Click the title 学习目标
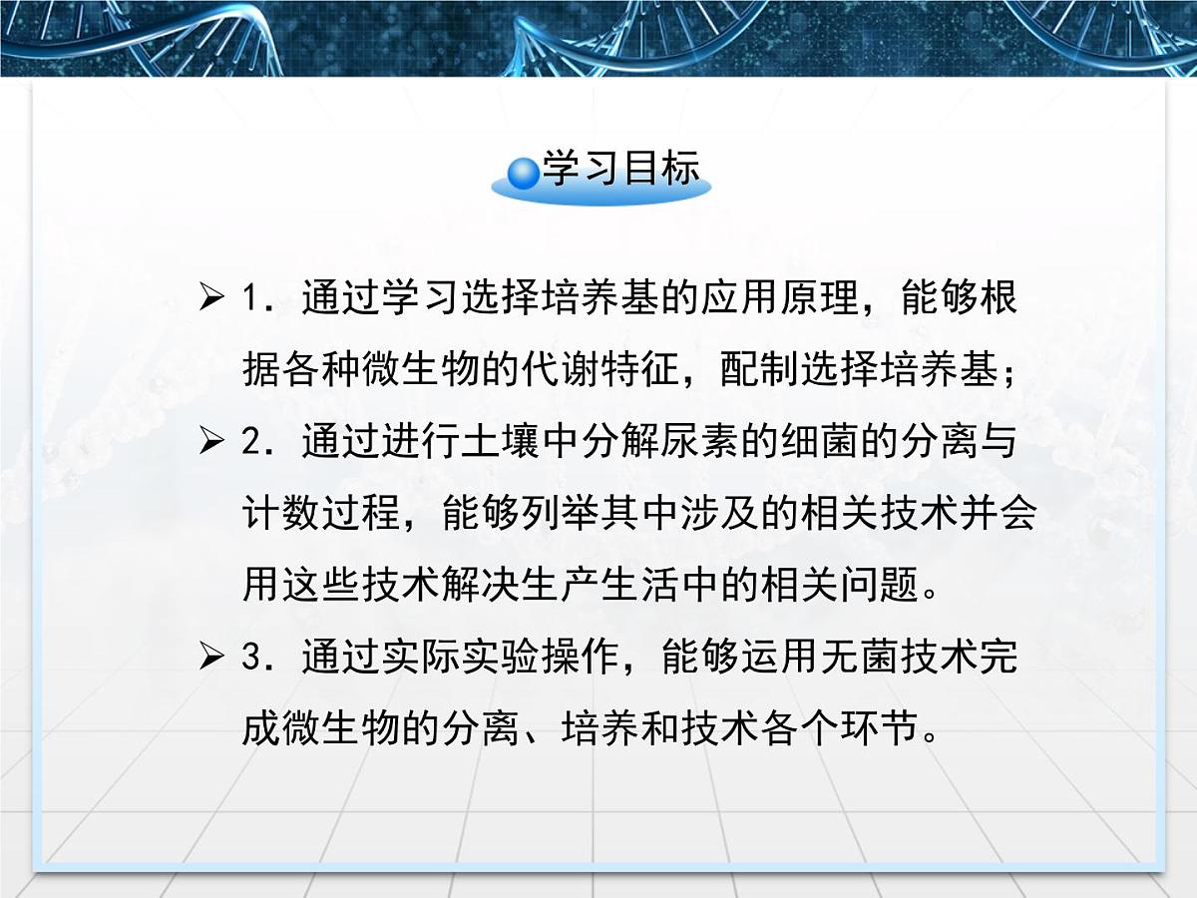coord(620,171)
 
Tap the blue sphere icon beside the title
coord(524,175)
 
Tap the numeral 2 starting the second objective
coord(250,443)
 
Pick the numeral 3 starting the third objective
coord(250,659)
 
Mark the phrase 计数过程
coord(321,514)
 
